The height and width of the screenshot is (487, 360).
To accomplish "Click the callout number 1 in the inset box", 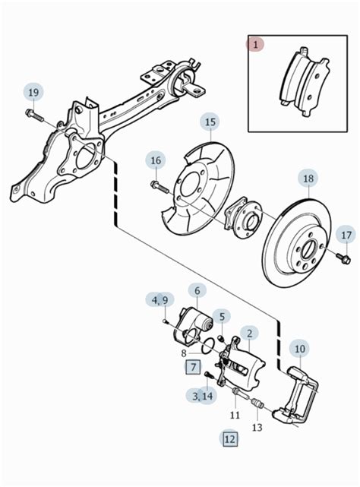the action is click(x=255, y=45).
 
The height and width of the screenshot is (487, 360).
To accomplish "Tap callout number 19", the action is click(x=34, y=93).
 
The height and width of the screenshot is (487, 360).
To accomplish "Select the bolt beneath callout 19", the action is click(x=34, y=115).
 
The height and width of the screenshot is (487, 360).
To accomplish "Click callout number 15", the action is click(x=210, y=122).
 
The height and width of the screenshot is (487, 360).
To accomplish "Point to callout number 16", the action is click(x=156, y=160).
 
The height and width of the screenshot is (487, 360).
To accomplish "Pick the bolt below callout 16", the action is click(x=159, y=188).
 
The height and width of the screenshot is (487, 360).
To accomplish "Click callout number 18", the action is click(x=308, y=179).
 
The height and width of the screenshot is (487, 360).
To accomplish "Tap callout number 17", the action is click(x=346, y=235).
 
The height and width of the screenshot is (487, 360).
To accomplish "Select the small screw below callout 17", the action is click(x=343, y=259).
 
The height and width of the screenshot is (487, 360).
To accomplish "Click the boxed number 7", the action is click(x=193, y=368).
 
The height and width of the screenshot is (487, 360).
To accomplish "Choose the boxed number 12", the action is click(x=230, y=439).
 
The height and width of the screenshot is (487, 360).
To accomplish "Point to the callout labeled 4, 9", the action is click(x=160, y=300).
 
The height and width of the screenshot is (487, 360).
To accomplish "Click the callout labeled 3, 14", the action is click(x=201, y=397).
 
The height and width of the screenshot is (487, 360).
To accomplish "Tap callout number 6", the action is click(x=197, y=291).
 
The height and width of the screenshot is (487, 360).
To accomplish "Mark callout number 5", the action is click(x=222, y=317).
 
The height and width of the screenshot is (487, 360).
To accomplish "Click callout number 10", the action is click(x=300, y=349).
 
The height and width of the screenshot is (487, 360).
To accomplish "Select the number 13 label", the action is click(x=257, y=428).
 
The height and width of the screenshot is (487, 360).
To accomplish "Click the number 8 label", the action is click(x=184, y=353).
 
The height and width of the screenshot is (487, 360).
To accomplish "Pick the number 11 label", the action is click(x=235, y=415).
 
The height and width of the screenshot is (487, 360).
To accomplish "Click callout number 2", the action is click(x=249, y=334).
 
